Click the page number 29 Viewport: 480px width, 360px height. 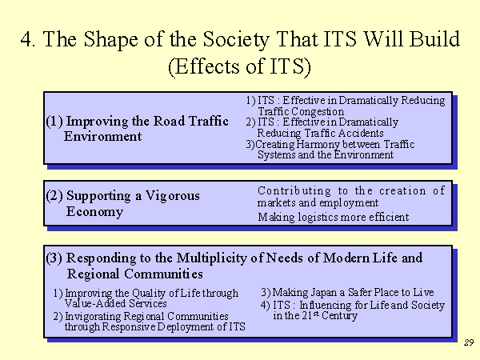point(469,342)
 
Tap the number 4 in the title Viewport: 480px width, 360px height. point(26,39)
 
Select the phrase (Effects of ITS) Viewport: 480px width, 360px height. point(240,66)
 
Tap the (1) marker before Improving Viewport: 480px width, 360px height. point(54,122)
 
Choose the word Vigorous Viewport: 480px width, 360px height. point(172,196)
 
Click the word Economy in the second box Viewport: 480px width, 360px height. point(95,211)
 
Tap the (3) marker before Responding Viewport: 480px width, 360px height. point(54,258)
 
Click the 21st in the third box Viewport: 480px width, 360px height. point(310,315)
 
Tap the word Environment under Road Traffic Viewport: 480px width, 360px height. point(103,137)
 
